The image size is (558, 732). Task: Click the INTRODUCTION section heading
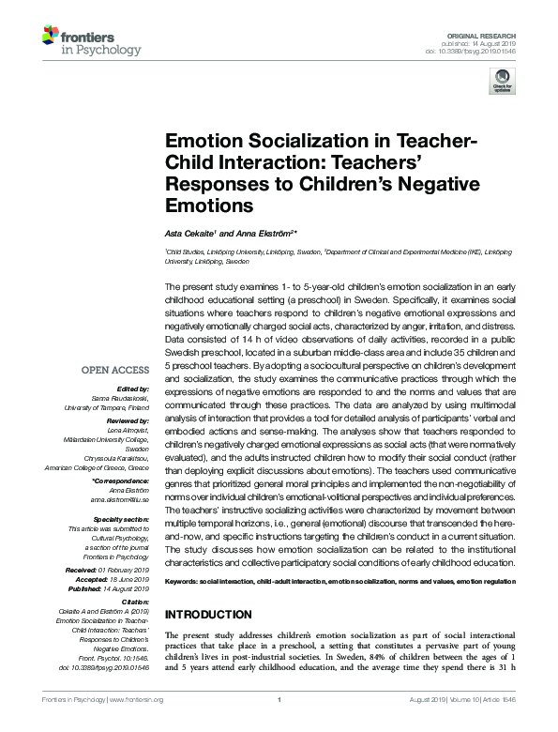tap(209, 614)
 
